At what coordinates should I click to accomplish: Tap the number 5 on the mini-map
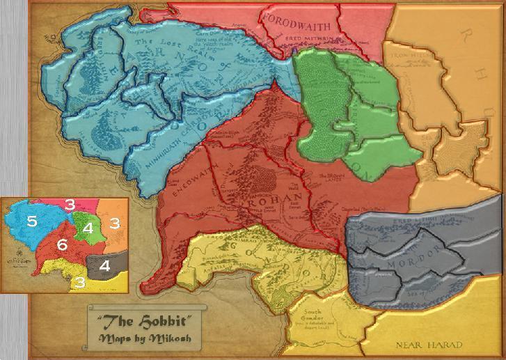pyautogui.click(x=32, y=221)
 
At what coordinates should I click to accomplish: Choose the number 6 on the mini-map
pyautogui.click(x=61, y=246)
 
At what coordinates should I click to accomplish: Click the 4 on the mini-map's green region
pyautogui.click(x=88, y=228)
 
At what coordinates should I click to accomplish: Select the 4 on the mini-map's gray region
pyautogui.click(x=104, y=265)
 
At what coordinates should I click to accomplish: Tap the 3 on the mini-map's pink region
pyautogui.click(x=70, y=204)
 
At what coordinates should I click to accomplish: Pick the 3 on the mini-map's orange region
pyautogui.click(x=114, y=224)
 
